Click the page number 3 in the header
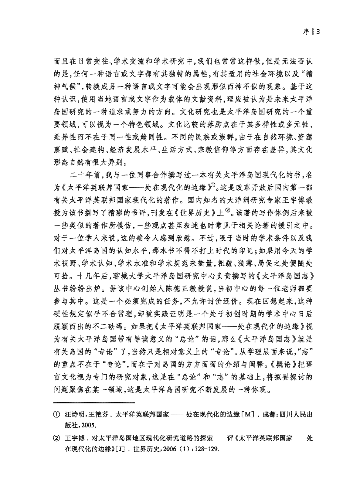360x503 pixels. pos(318,32)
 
